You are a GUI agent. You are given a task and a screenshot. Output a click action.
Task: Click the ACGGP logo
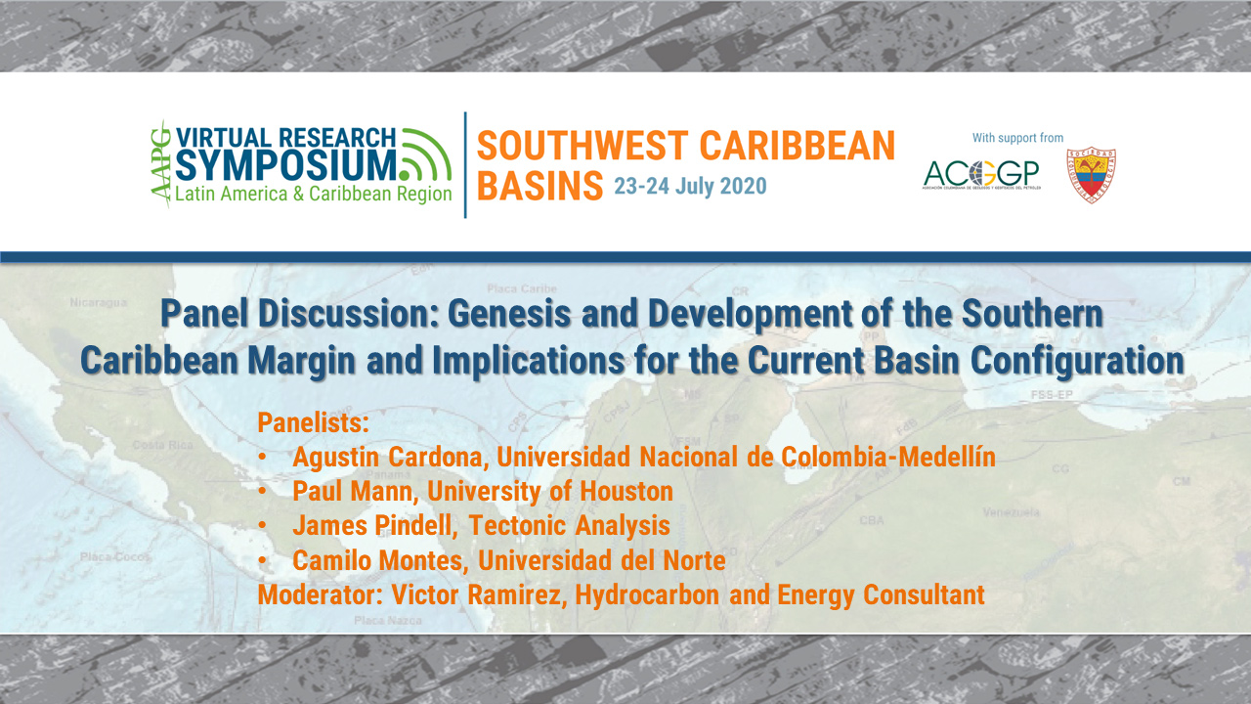coord(980,175)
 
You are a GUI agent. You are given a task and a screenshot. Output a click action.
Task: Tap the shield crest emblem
coord(1091,175)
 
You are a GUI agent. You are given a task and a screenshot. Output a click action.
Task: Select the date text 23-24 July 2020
coord(690,186)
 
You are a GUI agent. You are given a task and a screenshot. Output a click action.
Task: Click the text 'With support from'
coord(1017,138)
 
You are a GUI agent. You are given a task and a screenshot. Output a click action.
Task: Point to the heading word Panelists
coord(313,423)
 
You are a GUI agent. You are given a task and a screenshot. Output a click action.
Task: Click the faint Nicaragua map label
coord(98,303)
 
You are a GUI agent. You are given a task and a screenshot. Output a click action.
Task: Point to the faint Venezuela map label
coord(1011,512)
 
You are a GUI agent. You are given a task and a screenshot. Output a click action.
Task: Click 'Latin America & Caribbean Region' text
coord(313,194)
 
